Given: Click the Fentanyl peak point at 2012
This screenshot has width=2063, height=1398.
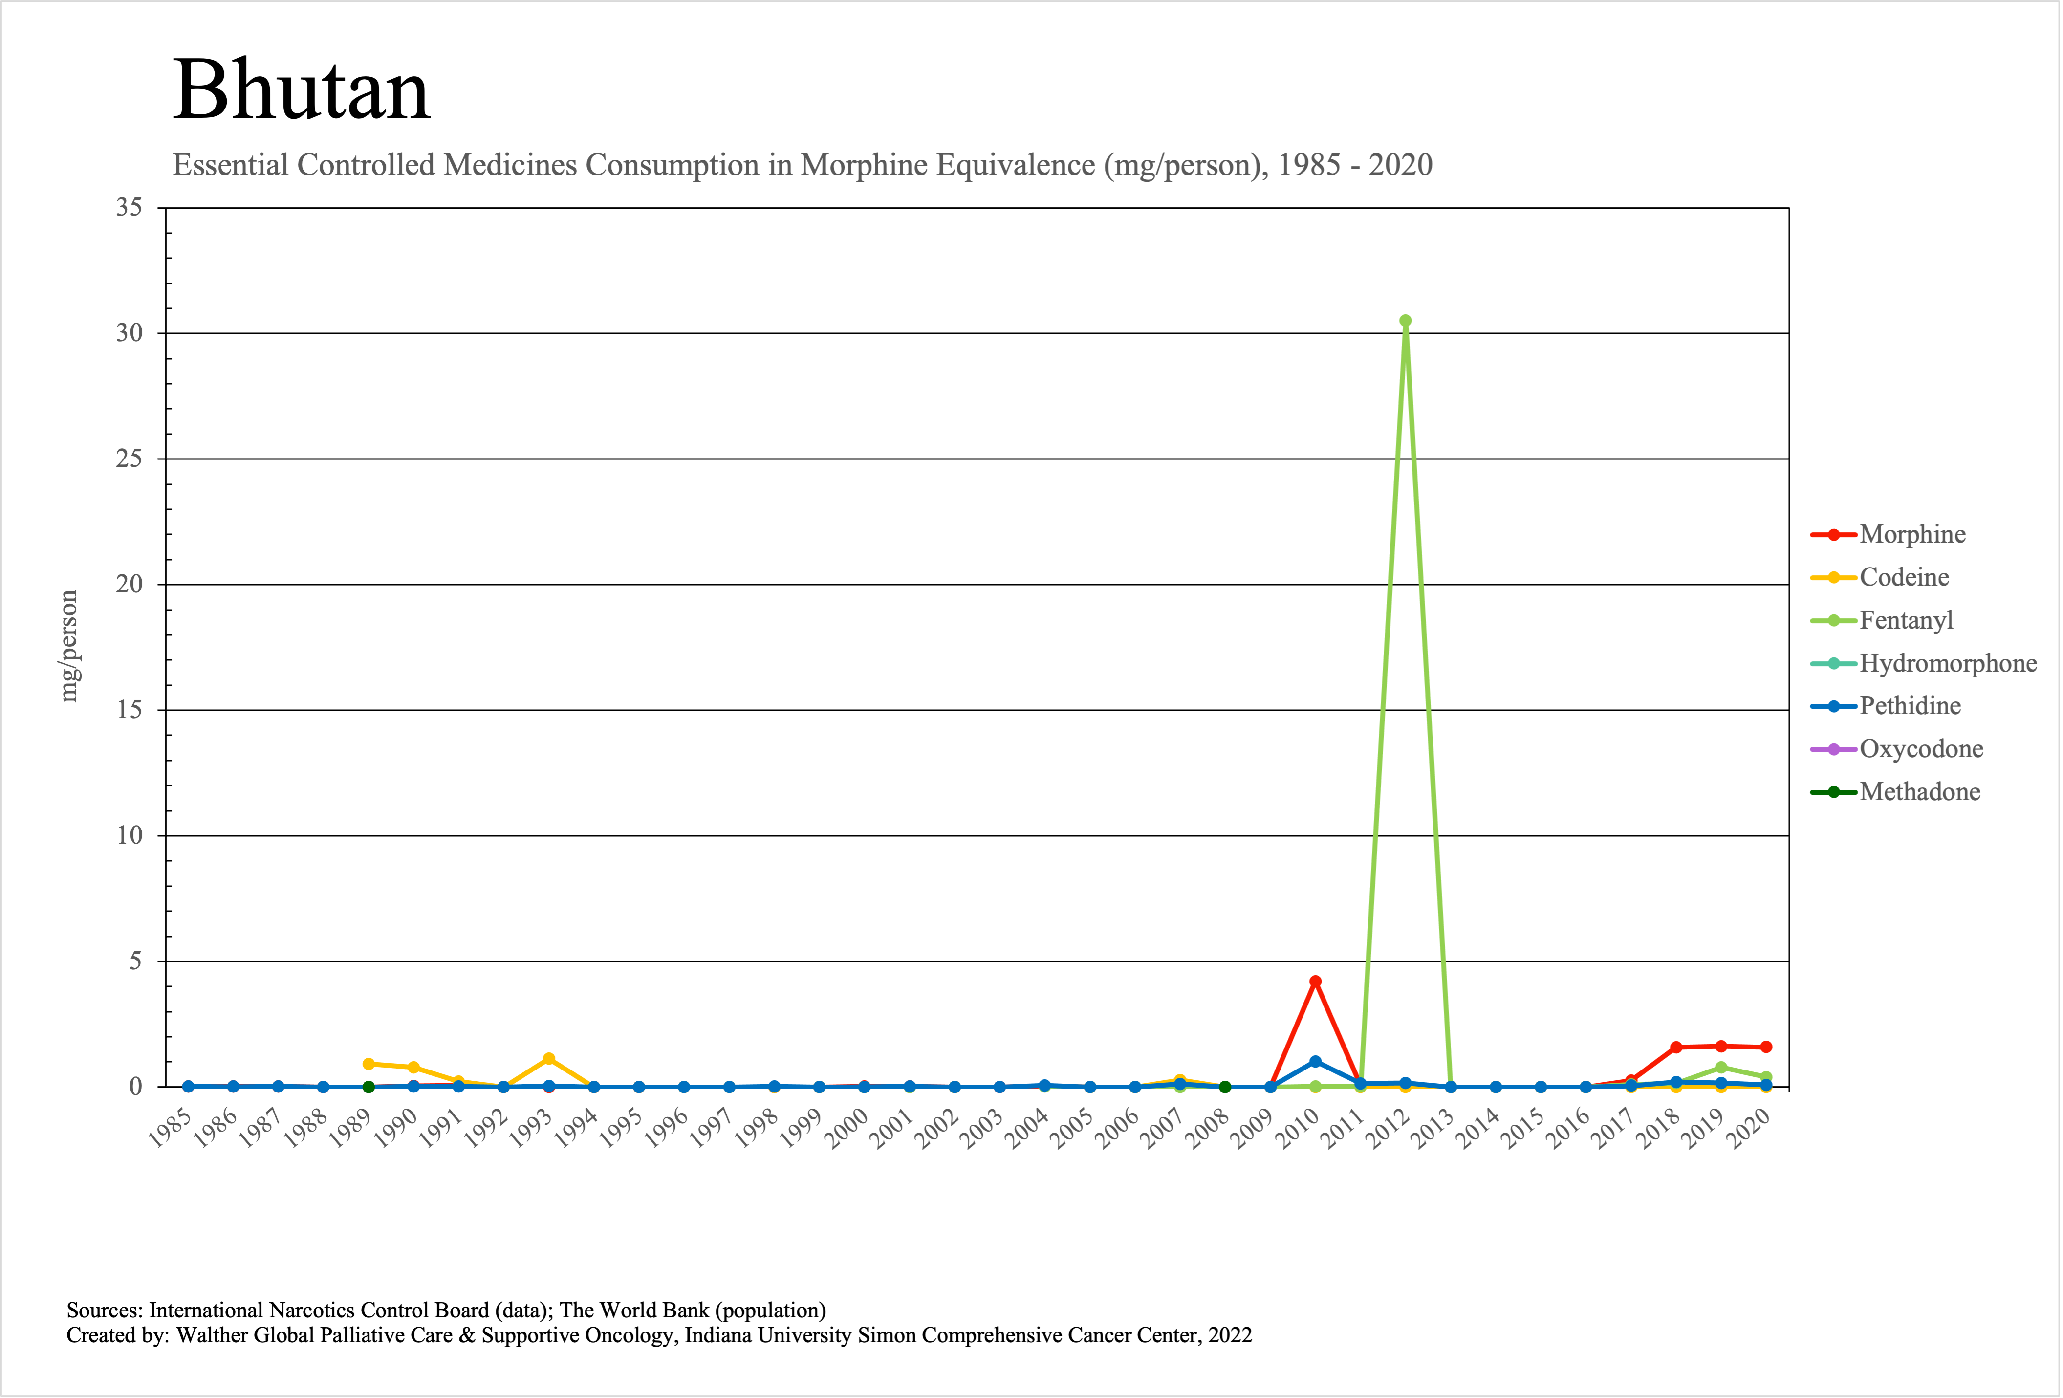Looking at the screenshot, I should [x=1405, y=321].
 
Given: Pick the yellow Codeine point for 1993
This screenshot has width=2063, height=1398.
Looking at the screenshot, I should [x=548, y=1059].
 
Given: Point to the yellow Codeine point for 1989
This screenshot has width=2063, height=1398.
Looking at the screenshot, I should [x=369, y=1063].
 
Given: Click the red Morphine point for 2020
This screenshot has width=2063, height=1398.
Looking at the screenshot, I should [x=1766, y=1048].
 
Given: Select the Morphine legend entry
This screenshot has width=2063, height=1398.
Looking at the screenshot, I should [x=1912, y=534].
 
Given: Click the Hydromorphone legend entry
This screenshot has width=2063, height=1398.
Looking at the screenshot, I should [x=1948, y=663].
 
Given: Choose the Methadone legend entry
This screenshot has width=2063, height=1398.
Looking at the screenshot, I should [x=1919, y=792].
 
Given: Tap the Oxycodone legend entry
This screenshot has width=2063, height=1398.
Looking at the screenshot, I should [x=1921, y=749].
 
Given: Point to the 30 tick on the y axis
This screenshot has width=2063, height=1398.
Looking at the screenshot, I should [x=130, y=333].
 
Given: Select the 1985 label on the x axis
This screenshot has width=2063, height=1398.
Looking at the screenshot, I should [x=171, y=1129].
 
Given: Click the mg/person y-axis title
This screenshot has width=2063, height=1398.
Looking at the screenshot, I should [x=68, y=646].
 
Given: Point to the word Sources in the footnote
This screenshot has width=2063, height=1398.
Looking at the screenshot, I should [x=102, y=1310].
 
